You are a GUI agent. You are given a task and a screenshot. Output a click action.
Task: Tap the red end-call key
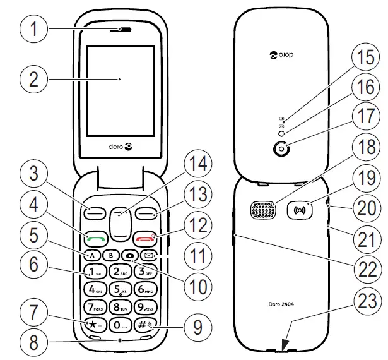145,239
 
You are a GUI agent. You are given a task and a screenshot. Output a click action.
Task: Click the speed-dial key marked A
92,256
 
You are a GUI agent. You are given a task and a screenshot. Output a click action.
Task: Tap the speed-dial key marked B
112,256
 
